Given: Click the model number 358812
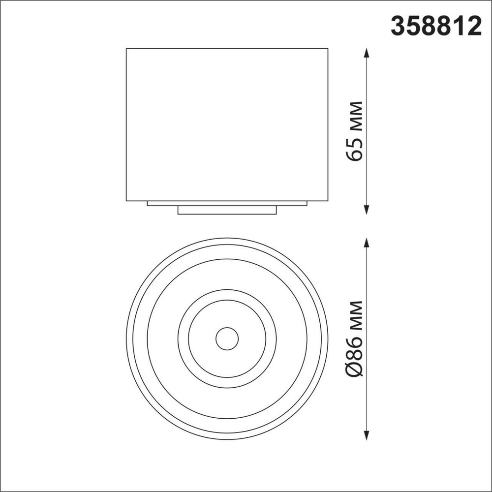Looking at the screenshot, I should [x=435, y=26].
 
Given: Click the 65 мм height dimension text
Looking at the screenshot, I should [x=355, y=131].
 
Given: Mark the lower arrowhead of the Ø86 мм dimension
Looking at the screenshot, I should [x=367, y=436].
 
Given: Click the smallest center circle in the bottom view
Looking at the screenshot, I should [x=227, y=338].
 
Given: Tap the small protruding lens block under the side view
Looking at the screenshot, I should [x=227, y=210].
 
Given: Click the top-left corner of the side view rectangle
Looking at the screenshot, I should [x=126, y=49].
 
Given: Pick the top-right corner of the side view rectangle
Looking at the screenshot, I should [x=328, y=49].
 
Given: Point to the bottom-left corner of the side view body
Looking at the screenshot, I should [x=126, y=201].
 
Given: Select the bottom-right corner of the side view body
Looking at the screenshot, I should [x=328, y=201].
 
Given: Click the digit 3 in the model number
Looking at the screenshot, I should [x=398, y=26].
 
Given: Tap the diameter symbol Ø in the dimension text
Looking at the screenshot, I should [x=355, y=369].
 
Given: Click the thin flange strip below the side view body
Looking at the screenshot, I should [x=227, y=203].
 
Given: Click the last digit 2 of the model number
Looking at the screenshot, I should [x=474, y=26].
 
